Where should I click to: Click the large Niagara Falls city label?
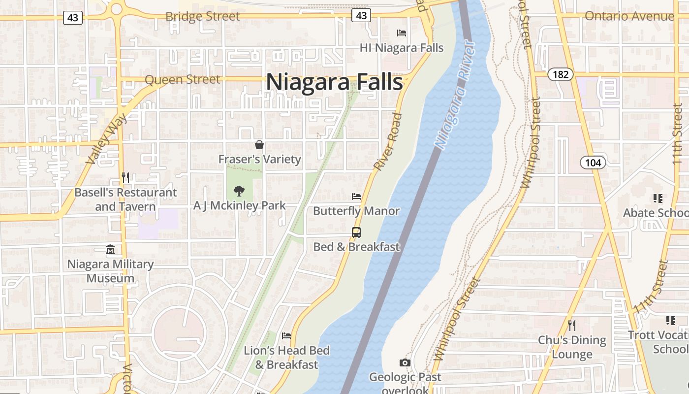point(335,82)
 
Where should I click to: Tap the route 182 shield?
point(561,74)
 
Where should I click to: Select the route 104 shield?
point(593,163)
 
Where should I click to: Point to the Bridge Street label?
point(202,16)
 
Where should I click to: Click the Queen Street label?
point(183,79)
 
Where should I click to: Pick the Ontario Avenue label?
point(628,16)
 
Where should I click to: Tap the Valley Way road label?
point(106,139)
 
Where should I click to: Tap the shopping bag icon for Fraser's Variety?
point(259,145)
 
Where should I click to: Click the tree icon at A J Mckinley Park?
point(239,191)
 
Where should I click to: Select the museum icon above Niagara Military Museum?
point(110,250)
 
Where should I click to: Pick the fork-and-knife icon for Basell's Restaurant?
point(125,177)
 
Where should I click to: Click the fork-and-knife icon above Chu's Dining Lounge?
point(571,325)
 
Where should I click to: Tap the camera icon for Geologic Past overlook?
point(405,363)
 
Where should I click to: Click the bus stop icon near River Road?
point(356,232)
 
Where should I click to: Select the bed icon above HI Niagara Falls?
point(402,33)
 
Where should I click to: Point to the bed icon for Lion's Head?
point(286,336)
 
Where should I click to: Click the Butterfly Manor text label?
point(356,211)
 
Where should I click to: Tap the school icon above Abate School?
point(658,198)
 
